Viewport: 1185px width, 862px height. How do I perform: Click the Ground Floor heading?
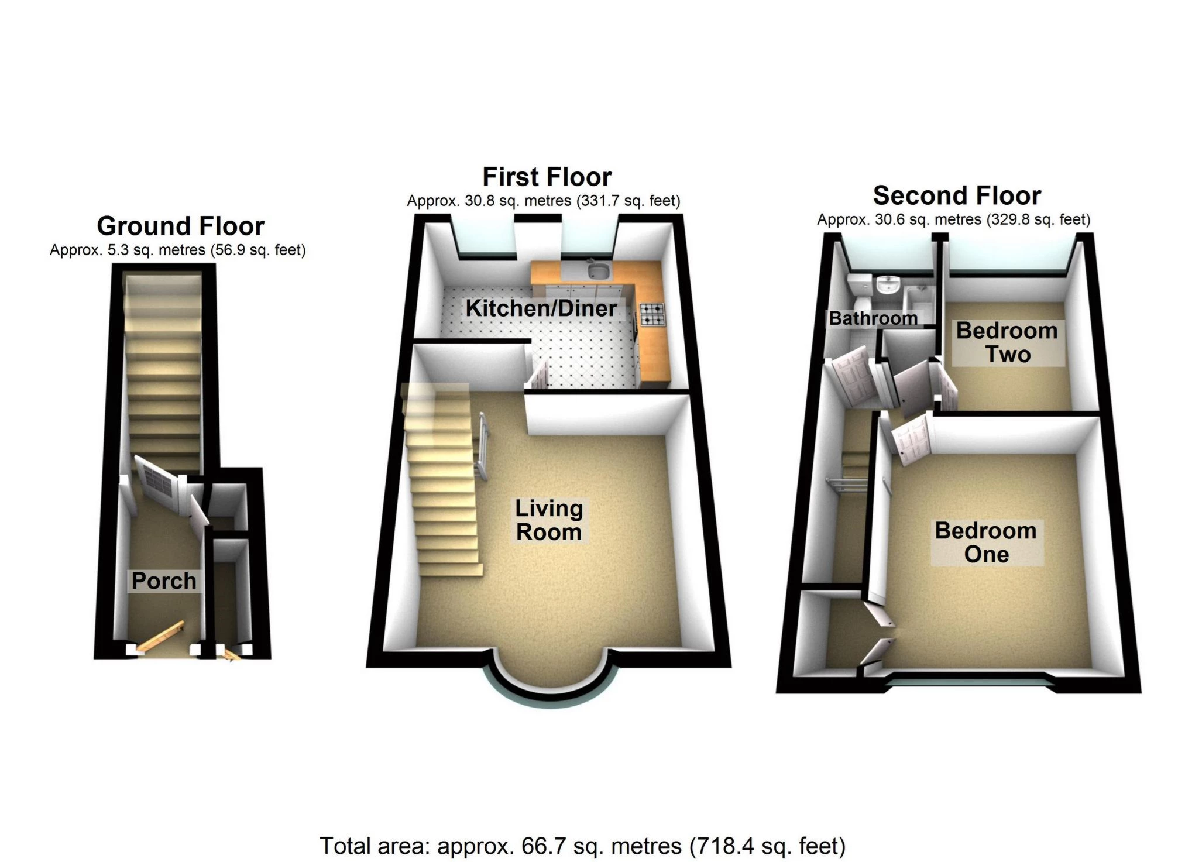pyautogui.click(x=180, y=226)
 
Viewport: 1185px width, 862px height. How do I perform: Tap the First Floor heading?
pyautogui.click(x=547, y=177)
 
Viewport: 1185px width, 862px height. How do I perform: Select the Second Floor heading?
pyautogui.click(x=957, y=195)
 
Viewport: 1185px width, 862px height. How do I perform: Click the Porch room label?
pyautogui.click(x=164, y=581)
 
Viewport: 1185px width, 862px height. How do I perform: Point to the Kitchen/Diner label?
pyautogui.click(x=541, y=308)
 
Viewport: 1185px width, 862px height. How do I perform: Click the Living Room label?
pyautogui.click(x=549, y=520)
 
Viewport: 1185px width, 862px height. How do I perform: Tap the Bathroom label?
pyautogui.click(x=873, y=318)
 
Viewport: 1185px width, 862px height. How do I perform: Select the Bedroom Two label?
pyautogui.click(x=1007, y=342)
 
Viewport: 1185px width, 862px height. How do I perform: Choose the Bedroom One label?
pyautogui.click(x=986, y=542)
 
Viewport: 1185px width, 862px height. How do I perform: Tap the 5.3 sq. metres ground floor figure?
pyautogui.click(x=128, y=250)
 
